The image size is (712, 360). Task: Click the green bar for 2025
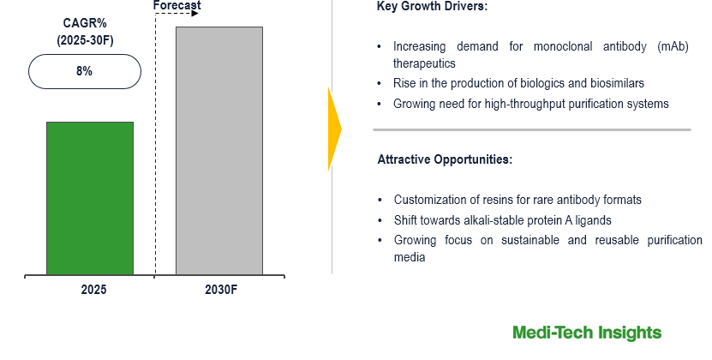coord(90,198)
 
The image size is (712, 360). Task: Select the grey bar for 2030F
coord(219,151)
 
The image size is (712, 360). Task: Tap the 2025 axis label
coord(93,290)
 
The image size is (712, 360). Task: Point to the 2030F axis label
coord(221,290)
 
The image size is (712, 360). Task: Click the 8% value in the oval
coord(85,71)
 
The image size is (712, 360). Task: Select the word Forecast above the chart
coord(177,5)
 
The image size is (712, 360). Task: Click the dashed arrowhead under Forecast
coord(194,14)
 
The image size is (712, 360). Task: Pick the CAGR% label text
coord(85,23)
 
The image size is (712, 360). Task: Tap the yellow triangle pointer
coord(335,129)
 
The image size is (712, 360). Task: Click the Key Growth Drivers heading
coord(432,6)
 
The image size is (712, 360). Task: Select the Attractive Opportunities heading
coord(445,159)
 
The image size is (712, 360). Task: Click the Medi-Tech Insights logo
coord(587,333)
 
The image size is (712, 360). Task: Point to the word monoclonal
coord(563,46)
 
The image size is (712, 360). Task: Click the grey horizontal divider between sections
coord(532,130)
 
